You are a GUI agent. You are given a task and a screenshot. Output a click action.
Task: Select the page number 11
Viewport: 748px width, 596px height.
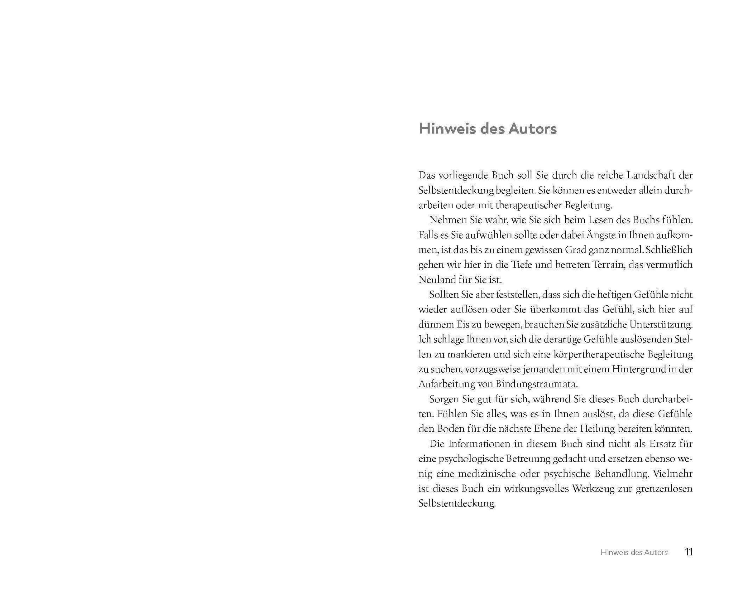coord(688,552)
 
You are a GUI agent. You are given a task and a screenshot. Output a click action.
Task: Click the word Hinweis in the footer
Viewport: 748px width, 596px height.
coord(614,552)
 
